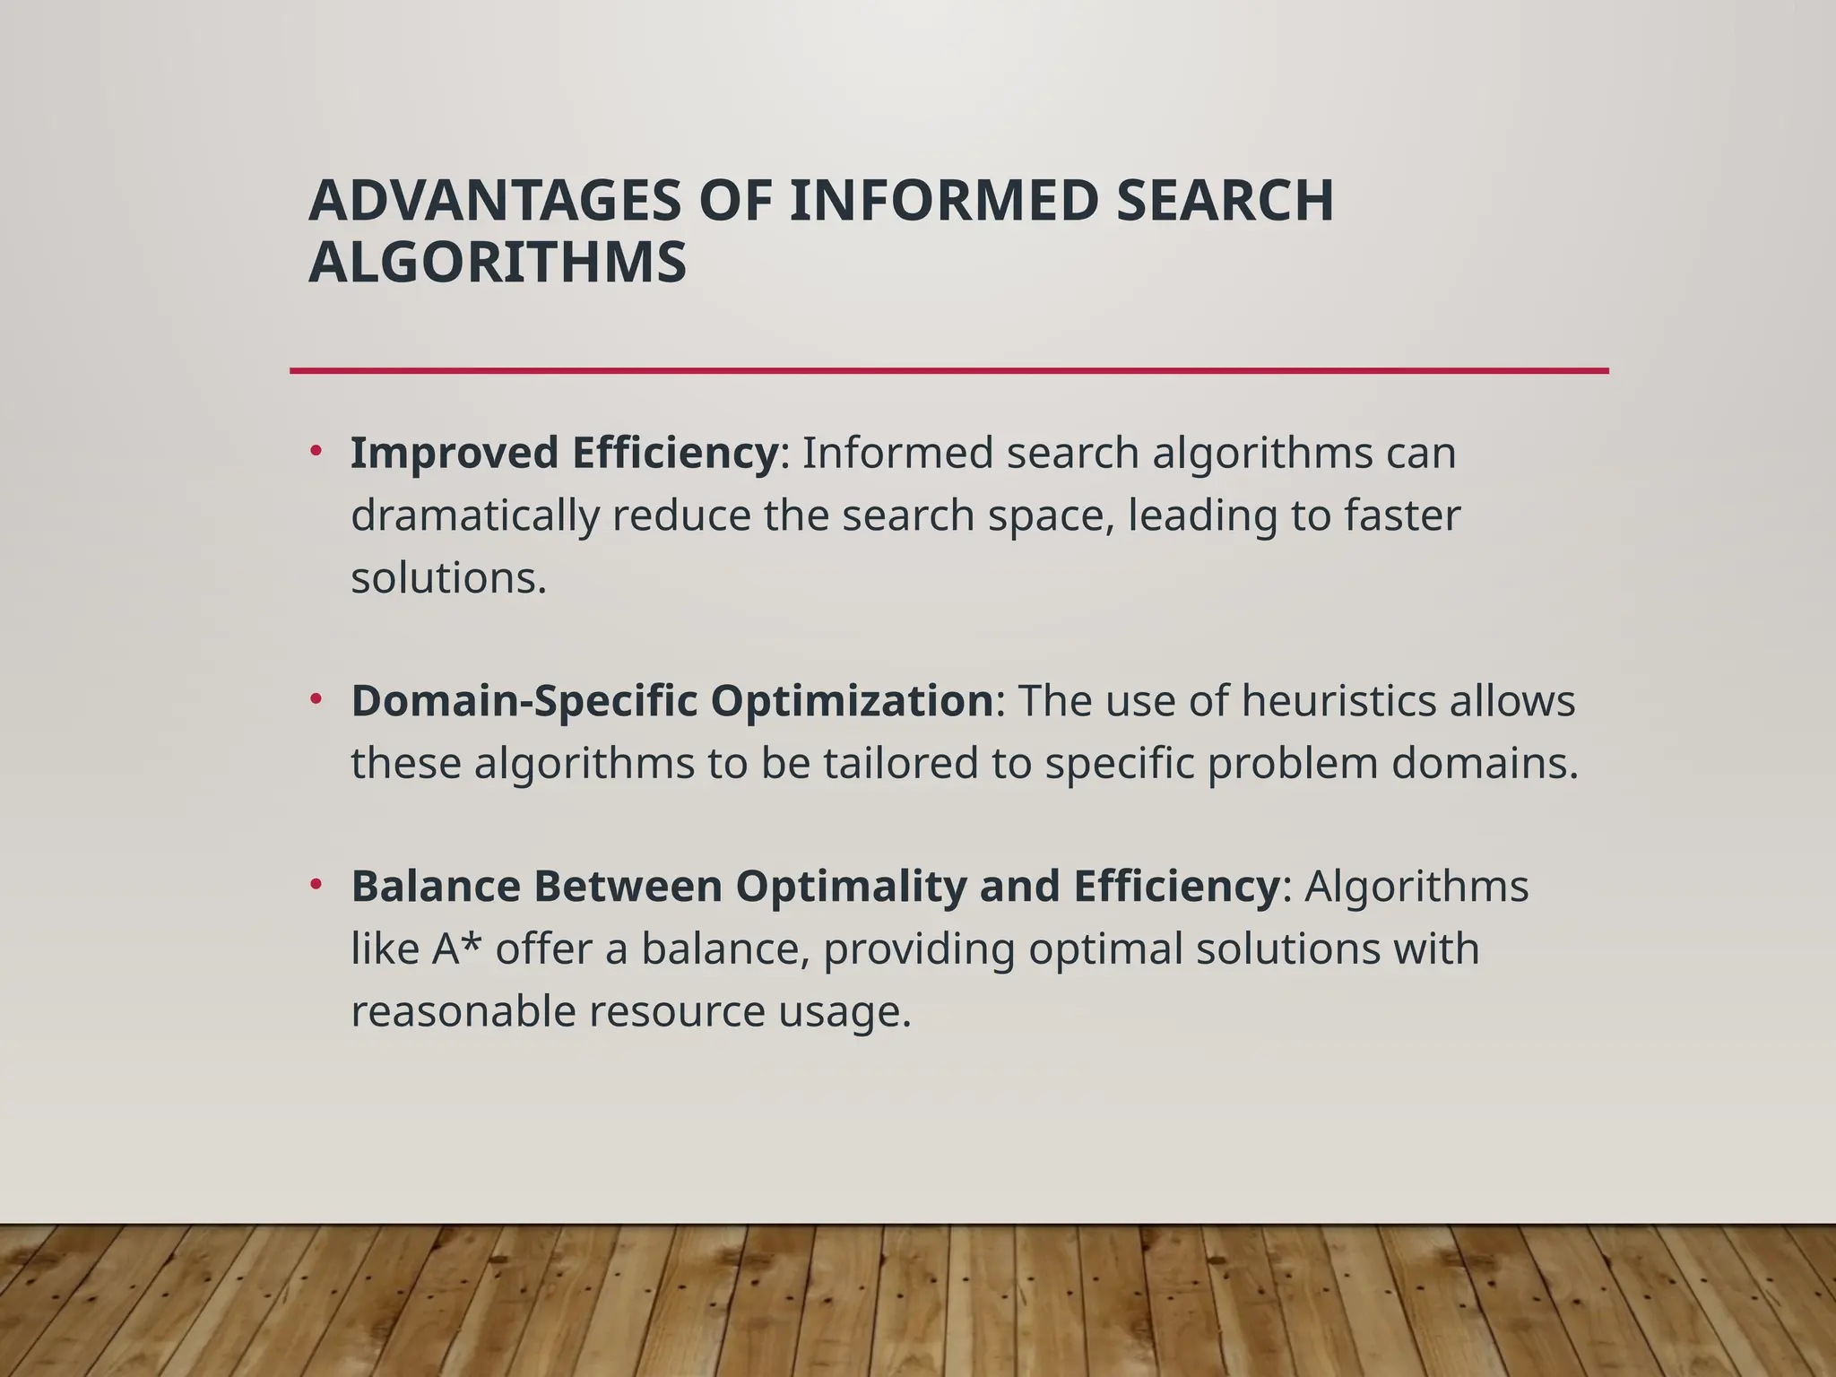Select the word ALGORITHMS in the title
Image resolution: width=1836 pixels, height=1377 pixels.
[498, 263]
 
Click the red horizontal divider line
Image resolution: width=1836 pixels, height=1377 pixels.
[948, 370]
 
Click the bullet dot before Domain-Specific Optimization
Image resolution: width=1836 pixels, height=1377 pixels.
[316, 698]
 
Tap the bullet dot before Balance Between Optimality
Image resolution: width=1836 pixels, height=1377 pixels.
[316, 884]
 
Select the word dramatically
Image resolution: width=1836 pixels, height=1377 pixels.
[474, 515]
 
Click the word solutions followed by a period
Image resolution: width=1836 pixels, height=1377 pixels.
[448, 578]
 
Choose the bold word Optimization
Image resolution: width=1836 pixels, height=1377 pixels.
[852, 701]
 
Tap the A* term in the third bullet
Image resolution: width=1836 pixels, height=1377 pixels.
[457, 948]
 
